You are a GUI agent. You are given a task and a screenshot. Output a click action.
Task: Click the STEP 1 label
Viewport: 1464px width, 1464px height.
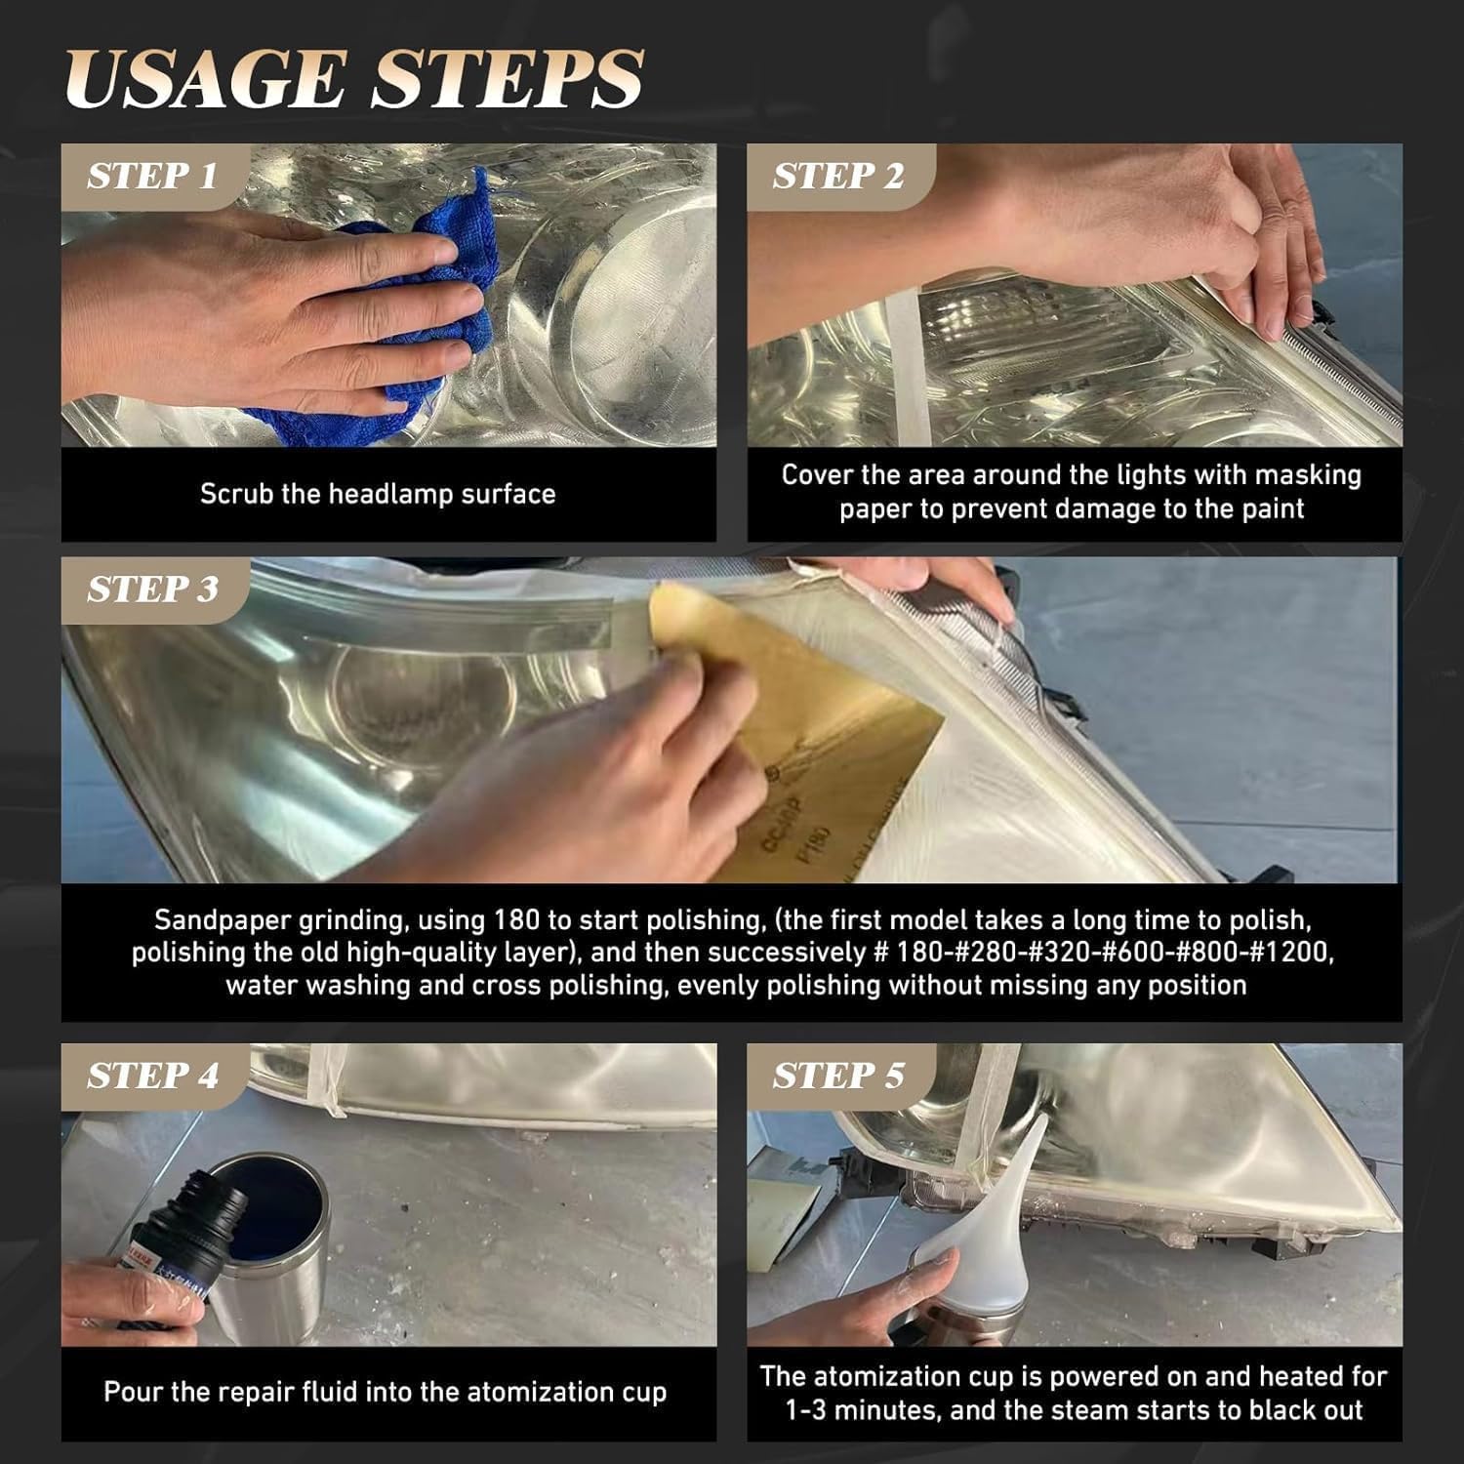click(x=151, y=177)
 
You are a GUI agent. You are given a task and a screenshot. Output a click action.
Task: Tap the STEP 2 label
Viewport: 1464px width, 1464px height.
click(x=838, y=177)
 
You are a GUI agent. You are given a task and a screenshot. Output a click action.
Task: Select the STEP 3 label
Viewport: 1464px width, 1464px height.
click(x=152, y=590)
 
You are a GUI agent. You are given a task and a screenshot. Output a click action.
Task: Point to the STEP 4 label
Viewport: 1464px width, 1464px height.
click(x=152, y=1076)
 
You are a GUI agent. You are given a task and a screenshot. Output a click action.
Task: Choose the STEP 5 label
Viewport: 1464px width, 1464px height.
click(x=838, y=1076)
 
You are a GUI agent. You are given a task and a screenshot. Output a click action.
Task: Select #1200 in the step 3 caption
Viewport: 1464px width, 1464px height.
click(x=1294, y=952)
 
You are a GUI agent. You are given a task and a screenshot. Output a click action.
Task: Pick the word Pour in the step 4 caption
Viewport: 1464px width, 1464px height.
click(x=131, y=1392)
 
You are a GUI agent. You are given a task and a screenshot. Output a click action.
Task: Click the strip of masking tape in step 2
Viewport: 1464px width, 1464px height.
click(x=908, y=361)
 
